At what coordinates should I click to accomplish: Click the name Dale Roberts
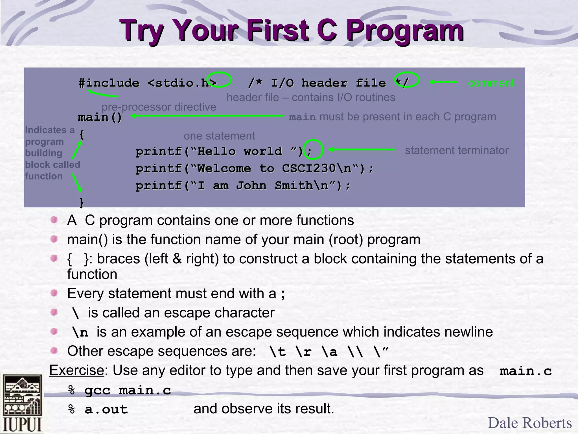[530, 423]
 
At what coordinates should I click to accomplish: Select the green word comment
[491, 83]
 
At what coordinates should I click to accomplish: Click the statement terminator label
[456, 150]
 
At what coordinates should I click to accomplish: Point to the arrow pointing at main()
[207, 116]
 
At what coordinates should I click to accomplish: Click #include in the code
[109, 83]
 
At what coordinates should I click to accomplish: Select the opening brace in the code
[82, 134]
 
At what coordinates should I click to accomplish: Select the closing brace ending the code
[82, 202]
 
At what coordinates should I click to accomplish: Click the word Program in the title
[405, 30]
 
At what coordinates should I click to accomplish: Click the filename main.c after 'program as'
[525, 371]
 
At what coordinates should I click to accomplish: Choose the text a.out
[106, 409]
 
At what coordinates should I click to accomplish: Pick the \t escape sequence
[278, 352]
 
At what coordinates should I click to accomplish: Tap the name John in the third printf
[251, 186]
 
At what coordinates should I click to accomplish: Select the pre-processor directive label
[159, 107]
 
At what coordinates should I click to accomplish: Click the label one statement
[219, 136]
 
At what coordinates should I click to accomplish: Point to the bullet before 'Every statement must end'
[54, 293]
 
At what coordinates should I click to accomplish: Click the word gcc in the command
[97, 390]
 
